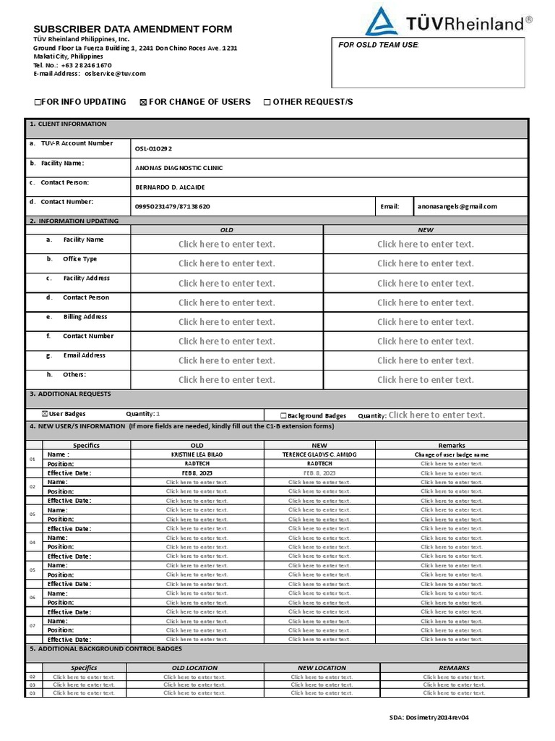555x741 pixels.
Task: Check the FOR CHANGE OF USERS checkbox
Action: (143, 103)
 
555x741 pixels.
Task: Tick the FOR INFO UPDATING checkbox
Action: (38, 103)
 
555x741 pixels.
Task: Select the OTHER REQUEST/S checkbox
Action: (267, 103)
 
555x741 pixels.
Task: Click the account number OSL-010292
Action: (154, 148)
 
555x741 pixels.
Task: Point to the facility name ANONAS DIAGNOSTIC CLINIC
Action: (179, 168)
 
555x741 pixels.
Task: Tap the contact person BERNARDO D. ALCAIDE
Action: (170, 187)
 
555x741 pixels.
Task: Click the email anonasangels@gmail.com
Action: (457, 206)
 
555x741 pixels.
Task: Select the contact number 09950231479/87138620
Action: (173, 206)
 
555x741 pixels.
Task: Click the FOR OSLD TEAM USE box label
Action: (379, 45)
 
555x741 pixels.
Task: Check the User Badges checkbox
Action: (45, 414)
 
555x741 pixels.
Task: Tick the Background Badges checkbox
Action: (283, 416)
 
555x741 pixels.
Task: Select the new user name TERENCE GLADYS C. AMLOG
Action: (319, 454)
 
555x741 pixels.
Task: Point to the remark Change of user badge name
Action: (451, 454)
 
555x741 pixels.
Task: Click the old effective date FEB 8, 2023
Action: (197, 473)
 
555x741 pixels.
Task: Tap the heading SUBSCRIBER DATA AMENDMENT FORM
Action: (133, 29)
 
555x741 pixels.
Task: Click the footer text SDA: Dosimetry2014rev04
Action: (429, 717)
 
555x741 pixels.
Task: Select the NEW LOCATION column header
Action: (322, 668)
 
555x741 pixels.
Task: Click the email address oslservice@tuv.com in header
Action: (115, 74)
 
